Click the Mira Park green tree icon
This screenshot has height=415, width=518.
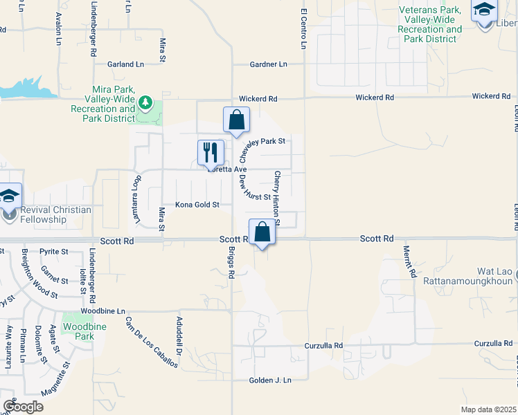[x=145, y=104]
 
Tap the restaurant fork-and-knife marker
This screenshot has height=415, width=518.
[x=211, y=152]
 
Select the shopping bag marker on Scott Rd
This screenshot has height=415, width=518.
[x=262, y=232]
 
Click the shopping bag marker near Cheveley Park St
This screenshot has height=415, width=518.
[x=236, y=120]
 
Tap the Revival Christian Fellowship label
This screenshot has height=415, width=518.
[x=43, y=215]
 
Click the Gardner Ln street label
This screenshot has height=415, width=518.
[x=268, y=64]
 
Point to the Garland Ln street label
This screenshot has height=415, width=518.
[x=125, y=64]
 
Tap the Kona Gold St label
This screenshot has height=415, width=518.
[x=197, y=205]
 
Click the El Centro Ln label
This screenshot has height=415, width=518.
[x=303, y=29]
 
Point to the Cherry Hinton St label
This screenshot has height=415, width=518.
[x=277, y=199]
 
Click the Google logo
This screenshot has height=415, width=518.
[x=23, y=407]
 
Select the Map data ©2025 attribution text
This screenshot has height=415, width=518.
[x=488, y=409]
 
